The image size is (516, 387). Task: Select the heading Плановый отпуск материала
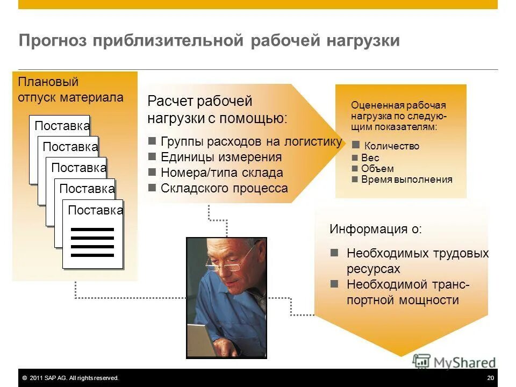[x=70, y=90]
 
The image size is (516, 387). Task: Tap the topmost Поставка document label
[x=62, y=126]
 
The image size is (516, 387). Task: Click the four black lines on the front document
[x=92, y=242]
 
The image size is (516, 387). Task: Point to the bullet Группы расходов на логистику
[x=250, y=142]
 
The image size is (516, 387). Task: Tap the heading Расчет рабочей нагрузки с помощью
[x=217, y=110]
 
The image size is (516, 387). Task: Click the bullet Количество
[x=391, y=146]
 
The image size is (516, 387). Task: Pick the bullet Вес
[x=370, y=158]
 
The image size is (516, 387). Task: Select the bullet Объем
[x=377, y=169]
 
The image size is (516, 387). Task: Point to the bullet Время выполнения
[x=406, y=180]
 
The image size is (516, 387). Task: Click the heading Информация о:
[x=376, y=229]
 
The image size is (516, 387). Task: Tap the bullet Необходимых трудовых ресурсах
[x=417, y=261]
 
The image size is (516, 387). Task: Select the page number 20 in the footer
[x=490, y=378]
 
